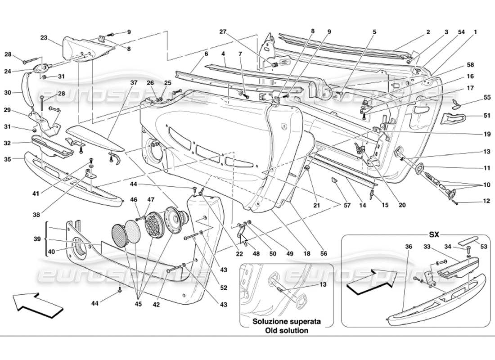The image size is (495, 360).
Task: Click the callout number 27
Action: coord(222,31)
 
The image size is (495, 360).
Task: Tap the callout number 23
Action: coord(44,38)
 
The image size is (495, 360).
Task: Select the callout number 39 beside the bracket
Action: coord(38,239)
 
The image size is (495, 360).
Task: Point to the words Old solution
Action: coord(286,330)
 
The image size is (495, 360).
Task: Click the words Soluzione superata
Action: coord(286,322)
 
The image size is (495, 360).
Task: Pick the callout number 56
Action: coord(324,254)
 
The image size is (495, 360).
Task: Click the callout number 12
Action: coord(486,201)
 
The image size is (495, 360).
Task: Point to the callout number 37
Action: coord(134,82)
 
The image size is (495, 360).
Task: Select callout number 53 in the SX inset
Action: coord(484,247)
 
